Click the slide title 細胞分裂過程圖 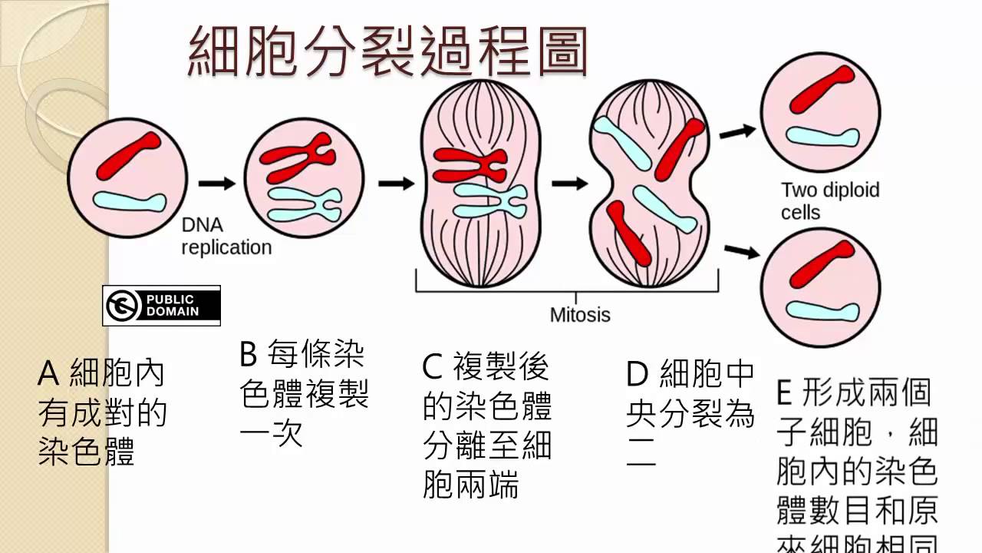point(387,52)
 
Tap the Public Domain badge point(161,306)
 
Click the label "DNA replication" point(226,237)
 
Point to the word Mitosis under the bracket point(580,314)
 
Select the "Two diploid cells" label point(830,200)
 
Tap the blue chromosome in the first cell point(129,202)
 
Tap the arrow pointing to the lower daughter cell point(738,251)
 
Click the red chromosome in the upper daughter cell point(822,89)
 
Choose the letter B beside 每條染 point(249,355)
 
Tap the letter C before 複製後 point(432,367)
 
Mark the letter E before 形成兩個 point(784,393)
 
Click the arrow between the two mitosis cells point(570,184)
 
